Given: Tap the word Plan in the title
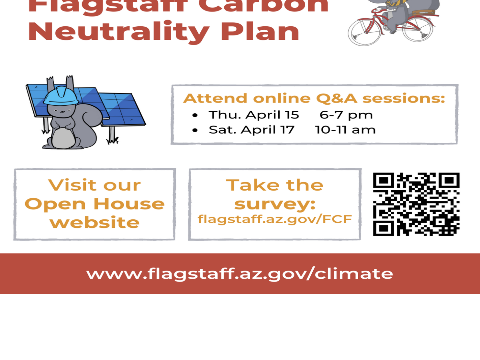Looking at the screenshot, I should (x=260, y=31).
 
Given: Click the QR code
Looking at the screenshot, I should (x=416, y=204).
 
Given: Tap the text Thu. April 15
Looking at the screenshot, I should (x=254, y=115).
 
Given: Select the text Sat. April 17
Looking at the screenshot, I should (x=251, y=130).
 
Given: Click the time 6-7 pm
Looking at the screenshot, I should (x=346, y=115).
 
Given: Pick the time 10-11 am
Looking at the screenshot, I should (x=345, y=130).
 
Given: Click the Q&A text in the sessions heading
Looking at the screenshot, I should (x=336, y=99).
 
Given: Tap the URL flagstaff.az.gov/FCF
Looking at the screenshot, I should (x=275, y=219).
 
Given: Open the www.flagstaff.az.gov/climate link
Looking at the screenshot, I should (x=239, y=273).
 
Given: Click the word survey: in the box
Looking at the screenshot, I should (x=275, y=204).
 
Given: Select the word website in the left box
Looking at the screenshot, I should (x=94, y=223).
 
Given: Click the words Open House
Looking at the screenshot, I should (x=94, y=204).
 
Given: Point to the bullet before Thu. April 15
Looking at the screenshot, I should (x=195, y=115).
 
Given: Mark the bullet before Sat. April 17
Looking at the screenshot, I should (x=195, y=130).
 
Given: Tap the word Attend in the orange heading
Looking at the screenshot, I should (x=216, y=99).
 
